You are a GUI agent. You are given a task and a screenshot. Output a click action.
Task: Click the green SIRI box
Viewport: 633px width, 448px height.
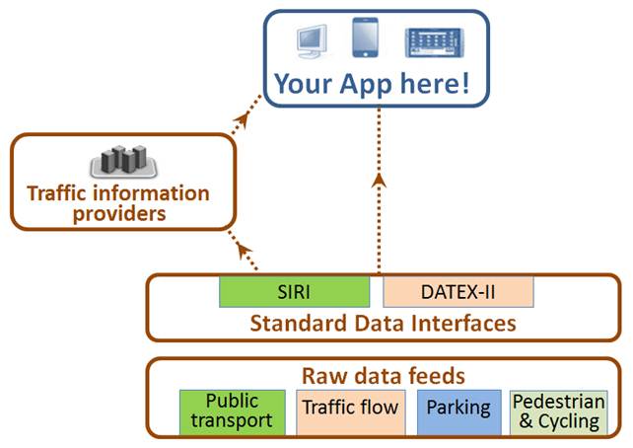294,293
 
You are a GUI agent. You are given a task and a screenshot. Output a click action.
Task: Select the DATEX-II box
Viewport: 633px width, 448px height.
458,293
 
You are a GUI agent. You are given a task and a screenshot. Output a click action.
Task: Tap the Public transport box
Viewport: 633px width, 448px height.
233,411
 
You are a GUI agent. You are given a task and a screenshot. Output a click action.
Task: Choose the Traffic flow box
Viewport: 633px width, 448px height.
350,409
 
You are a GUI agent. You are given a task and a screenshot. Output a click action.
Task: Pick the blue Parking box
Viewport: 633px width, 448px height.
458,409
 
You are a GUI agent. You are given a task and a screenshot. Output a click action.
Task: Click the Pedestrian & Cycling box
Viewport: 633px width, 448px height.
559,411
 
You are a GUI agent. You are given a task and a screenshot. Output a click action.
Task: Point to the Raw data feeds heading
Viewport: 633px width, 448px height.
383,376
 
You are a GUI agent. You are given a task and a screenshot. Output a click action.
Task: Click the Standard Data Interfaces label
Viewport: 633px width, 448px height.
383,323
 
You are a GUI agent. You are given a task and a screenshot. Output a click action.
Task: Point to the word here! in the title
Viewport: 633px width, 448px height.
437,83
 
